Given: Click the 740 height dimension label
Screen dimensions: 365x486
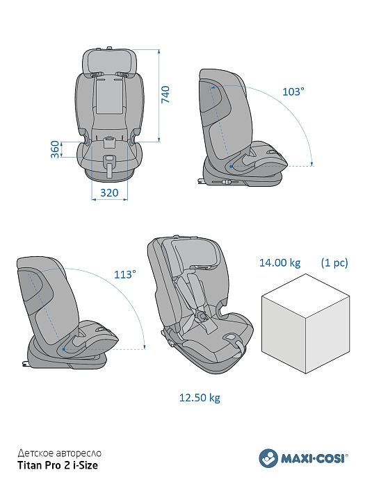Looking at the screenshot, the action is [165, 94].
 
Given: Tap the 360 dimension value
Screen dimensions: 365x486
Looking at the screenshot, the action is [55, 149].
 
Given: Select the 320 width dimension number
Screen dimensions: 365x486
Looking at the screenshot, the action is [109, 193].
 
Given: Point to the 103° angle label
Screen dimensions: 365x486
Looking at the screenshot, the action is [293, 92].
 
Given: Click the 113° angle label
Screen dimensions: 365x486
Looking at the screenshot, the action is [125, 274].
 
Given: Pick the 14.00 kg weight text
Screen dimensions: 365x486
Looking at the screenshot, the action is [280, 263].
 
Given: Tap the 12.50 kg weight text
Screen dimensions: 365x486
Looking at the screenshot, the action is [200, 398].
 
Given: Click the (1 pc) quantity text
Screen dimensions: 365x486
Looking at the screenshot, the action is [334, 263].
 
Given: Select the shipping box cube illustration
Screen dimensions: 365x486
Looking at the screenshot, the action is [306, 324].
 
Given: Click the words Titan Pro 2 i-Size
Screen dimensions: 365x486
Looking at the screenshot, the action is [58, 465].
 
